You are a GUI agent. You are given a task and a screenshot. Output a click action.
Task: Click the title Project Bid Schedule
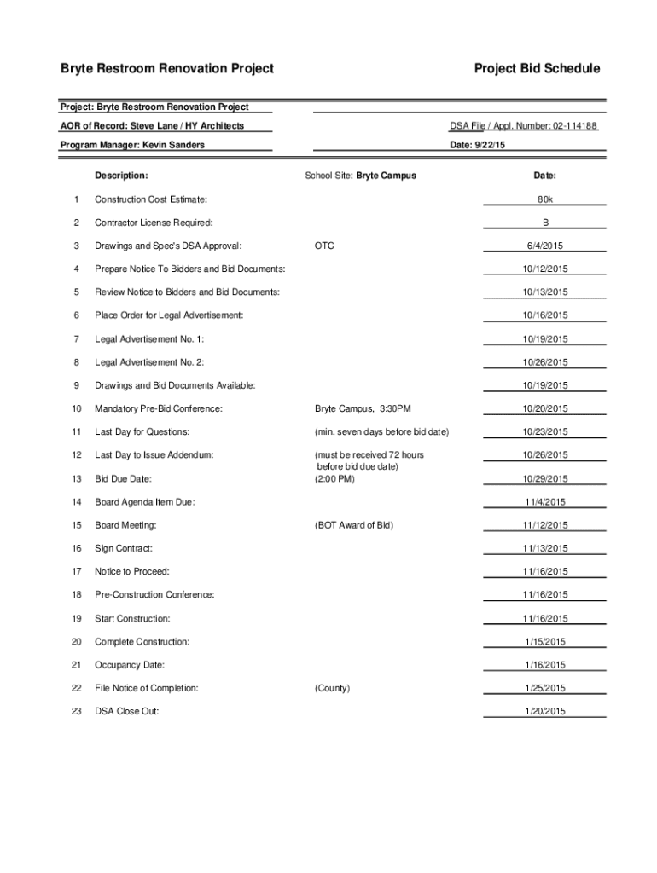pos(537,68)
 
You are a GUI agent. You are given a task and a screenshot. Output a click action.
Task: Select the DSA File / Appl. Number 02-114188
pos(523,126)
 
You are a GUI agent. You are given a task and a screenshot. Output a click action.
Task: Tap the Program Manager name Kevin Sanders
pos(173,145)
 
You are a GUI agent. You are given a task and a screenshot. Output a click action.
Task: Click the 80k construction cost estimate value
pos(545,199)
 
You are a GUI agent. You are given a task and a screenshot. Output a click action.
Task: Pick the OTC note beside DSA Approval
pos(324,246)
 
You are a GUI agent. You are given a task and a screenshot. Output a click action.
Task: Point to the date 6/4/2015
pos(545,246)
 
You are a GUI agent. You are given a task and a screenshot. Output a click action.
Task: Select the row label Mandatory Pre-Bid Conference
pos(159,409)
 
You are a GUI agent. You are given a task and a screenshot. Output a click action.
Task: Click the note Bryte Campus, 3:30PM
pos(363,409)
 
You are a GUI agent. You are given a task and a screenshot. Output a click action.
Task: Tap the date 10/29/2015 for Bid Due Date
pos(545,479)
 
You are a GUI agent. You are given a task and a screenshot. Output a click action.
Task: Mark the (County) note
pos(332,688)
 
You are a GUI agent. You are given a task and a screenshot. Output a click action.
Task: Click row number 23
pos(77,711)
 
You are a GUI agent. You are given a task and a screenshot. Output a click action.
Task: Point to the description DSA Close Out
pos(126,711)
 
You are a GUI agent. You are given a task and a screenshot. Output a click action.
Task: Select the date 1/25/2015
pos(545,688)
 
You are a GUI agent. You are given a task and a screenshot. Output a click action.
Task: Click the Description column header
pos(121,176)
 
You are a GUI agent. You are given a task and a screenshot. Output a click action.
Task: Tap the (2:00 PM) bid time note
pos(334,478)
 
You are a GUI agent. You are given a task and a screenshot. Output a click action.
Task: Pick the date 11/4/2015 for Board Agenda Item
pos(545,502)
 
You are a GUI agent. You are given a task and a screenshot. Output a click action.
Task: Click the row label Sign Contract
pos(124,548)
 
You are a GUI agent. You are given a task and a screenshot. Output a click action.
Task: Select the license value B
pos(545,223)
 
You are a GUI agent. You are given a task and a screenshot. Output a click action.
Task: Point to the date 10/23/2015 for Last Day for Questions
pos(545,432)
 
